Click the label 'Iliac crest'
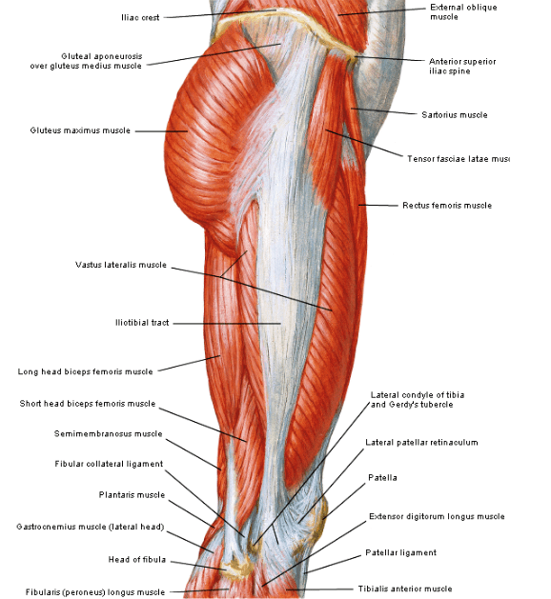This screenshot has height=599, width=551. coord(140,17)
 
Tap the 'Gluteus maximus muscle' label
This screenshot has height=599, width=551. coord(80,130)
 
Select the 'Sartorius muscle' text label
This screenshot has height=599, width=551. coord(455,115)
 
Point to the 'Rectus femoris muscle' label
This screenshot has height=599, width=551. coord(447,206)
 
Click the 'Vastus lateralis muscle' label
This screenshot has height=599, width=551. coord(121,265)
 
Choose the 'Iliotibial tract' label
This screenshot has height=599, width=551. coord(142,323)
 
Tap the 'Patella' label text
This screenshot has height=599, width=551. coord(382,477)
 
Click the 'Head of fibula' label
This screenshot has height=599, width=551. coord(137,560)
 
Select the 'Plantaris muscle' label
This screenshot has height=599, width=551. coord(132,495)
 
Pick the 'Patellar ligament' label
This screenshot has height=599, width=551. coord(400,552)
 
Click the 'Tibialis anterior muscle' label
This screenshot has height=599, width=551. coord(405,589)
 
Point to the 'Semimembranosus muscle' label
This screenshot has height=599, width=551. coord(109,434)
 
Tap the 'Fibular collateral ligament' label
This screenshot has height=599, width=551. coord(109,464)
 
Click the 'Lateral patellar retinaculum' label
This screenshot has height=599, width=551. coord(421,443)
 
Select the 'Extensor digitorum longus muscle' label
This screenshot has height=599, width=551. coord(437,516)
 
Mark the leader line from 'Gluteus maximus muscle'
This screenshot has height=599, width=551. coord(161,131)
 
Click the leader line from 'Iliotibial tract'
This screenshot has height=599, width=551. coord(227,324)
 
